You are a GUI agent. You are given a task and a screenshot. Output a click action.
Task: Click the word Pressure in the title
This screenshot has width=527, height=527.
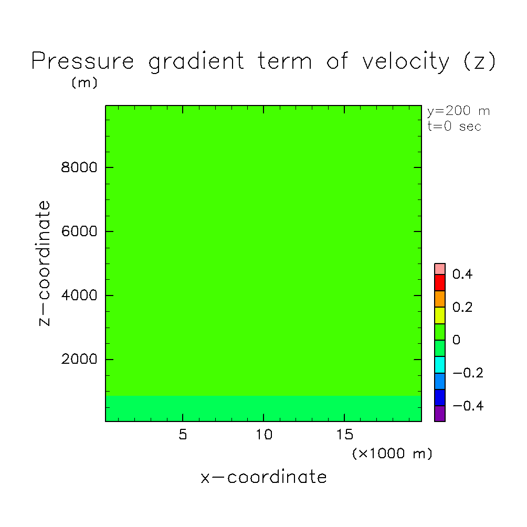(83, 61)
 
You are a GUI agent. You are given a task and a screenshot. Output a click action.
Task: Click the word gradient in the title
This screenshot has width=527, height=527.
(196, 62)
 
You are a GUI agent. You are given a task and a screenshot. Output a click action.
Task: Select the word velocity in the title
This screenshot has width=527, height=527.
(405, 62)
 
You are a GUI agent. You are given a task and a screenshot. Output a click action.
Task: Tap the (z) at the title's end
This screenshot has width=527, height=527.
(480, 61)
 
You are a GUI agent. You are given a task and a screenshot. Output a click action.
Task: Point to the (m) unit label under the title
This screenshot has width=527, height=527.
(85, 82)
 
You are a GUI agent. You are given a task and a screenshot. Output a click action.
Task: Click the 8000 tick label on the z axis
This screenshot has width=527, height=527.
(79, 167)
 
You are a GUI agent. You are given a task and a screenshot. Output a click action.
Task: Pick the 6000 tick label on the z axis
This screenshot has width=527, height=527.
(79, 231)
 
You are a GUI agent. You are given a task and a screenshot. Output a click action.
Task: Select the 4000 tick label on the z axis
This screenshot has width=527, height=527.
(79, 296)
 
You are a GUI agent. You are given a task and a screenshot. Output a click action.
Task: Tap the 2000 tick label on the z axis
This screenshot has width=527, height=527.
(79, 359)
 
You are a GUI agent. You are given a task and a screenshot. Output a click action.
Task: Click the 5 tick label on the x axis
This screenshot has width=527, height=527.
(183, 435)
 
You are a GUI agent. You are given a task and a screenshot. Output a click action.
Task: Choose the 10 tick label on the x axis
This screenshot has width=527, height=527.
(264, 435)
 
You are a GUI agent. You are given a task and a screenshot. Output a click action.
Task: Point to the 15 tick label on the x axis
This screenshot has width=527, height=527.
(345, 435)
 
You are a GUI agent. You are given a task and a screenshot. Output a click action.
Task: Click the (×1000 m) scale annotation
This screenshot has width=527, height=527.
(392, 454)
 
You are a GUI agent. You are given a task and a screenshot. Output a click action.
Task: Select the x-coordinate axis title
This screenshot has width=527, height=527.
(263, 477)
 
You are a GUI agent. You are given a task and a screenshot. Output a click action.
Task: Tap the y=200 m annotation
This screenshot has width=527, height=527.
(458, 111)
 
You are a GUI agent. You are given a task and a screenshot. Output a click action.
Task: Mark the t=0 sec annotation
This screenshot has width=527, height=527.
(454, 127)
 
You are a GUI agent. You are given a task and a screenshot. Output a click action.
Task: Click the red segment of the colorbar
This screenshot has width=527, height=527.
(440, 282)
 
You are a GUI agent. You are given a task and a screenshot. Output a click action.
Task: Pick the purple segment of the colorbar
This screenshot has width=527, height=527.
(440, 414)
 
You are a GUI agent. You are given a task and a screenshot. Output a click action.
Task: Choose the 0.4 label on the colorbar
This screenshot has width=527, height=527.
(462, 274)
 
